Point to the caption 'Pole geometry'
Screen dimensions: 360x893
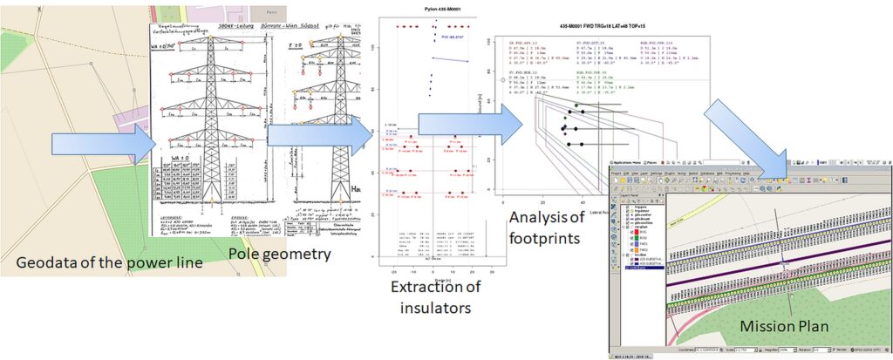click(x=281, y=254)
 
